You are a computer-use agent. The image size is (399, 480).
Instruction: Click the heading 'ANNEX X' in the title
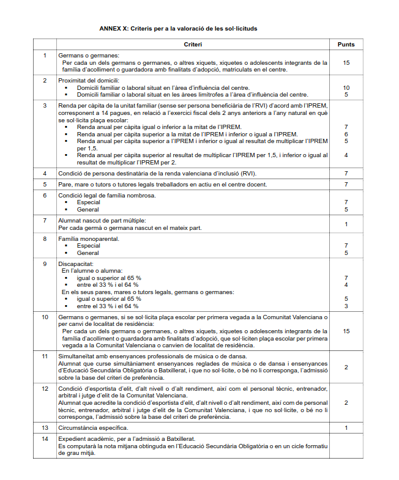[x=113, y=29]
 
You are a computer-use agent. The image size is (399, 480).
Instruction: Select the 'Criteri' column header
[x=193, y=45]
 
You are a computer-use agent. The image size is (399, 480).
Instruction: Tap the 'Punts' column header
[x=346, y=45]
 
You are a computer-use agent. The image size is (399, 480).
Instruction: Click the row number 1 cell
[x=45, y=56]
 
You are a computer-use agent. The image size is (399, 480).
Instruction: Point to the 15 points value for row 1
[x=346, y=62]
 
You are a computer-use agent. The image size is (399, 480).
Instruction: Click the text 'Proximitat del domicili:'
[x=89, y=81]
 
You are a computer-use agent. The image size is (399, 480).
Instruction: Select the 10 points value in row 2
[x=346, y=88]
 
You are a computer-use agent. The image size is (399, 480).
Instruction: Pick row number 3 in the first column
[x=45, y=106]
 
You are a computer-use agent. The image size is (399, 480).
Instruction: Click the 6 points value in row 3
[x=346, y=134]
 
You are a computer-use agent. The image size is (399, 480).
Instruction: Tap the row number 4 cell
[x=45, y=173]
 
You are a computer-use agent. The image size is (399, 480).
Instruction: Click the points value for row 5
[x=346, y=184]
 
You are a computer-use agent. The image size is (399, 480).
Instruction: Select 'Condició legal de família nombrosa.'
[x=107, y=195]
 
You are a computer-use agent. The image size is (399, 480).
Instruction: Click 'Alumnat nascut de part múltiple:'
[x=102, y=220]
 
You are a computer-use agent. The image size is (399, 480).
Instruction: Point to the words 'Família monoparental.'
[x=89, y=238]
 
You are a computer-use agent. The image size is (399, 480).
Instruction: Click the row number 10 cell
[x=45, y=317]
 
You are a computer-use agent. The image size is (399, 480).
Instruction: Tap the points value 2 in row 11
[x=346, y=367]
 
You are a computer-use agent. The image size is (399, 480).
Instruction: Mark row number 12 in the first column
[x=45, y=388]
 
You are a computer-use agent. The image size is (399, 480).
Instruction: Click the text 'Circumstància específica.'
[x=93, y=427]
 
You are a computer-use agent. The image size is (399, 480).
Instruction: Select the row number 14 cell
[x=45, y=438]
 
